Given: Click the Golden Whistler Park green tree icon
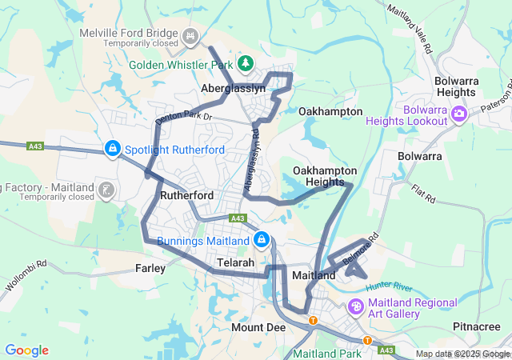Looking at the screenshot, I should (x=246, y=62).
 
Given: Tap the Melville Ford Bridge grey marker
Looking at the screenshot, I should (x=191, y=35).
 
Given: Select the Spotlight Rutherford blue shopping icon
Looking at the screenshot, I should (x=113, y=149).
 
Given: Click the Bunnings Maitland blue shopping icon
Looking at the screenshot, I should (x=261, y=240).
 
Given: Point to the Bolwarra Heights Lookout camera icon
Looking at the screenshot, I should (x=459, y=114).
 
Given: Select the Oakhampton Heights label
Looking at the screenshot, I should (x=319, y=177).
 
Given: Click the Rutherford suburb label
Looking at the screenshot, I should (x=186, y=195).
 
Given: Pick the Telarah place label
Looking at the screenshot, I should (x=236, y=262).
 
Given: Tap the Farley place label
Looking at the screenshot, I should (x=150, y=268).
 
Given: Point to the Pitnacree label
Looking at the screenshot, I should (x=476, y=326).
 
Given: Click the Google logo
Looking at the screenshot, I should (x=26, y=350).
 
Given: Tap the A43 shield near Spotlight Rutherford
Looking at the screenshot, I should (x=35, y=146).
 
